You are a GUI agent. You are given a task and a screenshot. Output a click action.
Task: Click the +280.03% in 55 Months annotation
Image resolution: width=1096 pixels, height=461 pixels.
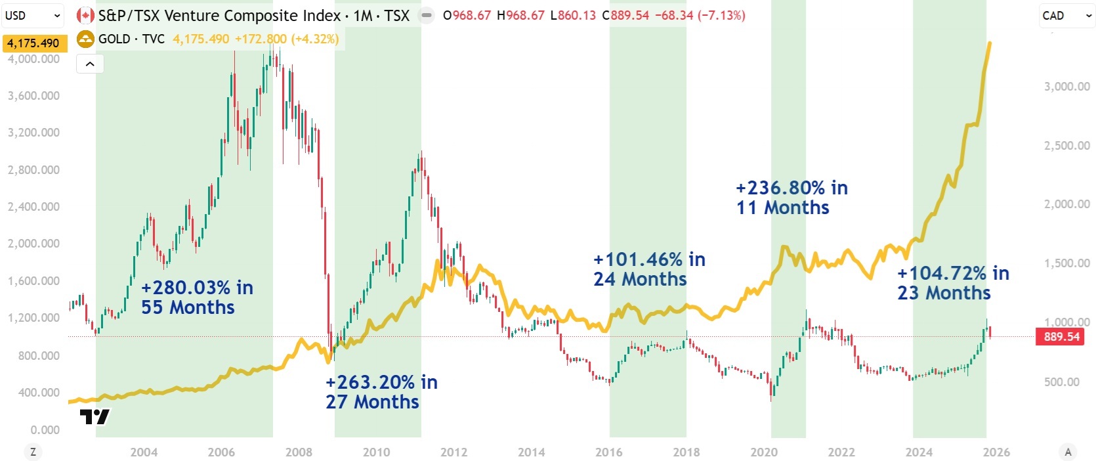pyautogui.click(x=197, y=297)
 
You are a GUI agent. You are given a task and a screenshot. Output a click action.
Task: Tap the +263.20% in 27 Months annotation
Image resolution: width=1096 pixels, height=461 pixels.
pyautogui.click(x=381, y=392)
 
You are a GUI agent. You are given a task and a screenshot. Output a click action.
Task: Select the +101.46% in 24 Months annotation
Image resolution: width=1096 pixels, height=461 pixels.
pyautogui.click(x=649, y=269)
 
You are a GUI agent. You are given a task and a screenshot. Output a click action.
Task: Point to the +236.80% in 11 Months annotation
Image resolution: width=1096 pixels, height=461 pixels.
pyautogui.click(x=791, y=198)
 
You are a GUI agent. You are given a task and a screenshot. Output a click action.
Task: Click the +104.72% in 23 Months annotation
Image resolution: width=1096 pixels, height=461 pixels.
pyautogui.click(x=953, y=283)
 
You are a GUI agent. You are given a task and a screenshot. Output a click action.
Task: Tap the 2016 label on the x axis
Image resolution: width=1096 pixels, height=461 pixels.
pyautogui.click(x=608, y=452)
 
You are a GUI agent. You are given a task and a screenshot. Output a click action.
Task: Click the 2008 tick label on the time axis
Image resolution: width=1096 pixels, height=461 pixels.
pyautogui.click(x=299, y=452)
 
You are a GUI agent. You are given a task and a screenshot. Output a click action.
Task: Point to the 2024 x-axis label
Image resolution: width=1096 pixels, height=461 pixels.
pyautogui.click(x=918, y=452)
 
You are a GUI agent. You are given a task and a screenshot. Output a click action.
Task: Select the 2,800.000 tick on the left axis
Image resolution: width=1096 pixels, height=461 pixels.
pyautogui.click(x=33, y=169)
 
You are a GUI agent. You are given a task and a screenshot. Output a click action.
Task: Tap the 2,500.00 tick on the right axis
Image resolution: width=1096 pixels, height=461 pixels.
pyautogui.click(x=1066, y=145)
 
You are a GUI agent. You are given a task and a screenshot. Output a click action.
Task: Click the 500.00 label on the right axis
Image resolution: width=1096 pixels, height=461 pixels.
pyautogui.click(x=1061, y=382)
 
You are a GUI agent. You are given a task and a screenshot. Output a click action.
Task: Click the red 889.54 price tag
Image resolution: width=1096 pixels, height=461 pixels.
pyautogui.click(x=1061, y=337)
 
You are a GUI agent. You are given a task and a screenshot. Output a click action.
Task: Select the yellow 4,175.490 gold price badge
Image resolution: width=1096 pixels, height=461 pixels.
pyautogui.click(x=33, y=43)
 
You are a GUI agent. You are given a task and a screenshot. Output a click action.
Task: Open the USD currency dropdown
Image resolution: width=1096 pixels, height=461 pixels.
pyautogui.click(x=33, y=15)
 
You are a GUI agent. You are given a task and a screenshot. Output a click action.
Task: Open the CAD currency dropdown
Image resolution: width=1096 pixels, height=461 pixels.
pyautogui.click(x=1066, y=16)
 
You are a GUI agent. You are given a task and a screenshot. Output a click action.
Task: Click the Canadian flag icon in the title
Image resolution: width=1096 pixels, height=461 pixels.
pyautogui.click(x=85, y=15)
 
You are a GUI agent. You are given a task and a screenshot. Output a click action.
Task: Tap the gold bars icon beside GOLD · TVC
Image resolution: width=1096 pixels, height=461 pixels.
pyautogui.click(x=85, y=39)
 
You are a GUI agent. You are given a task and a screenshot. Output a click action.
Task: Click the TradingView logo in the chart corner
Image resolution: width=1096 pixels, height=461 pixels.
pyautogui.click(x=95, y=416)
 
